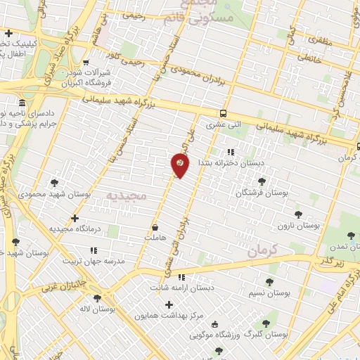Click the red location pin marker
(180, 165)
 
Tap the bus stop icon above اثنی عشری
(223, 113)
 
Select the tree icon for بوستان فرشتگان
(262, 181)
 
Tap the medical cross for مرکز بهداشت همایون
(169, 304)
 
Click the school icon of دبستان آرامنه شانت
(182, 277)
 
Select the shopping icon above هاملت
(154, 229)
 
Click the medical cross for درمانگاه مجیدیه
(75, 219)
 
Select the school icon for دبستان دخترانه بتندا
(230, 152)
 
